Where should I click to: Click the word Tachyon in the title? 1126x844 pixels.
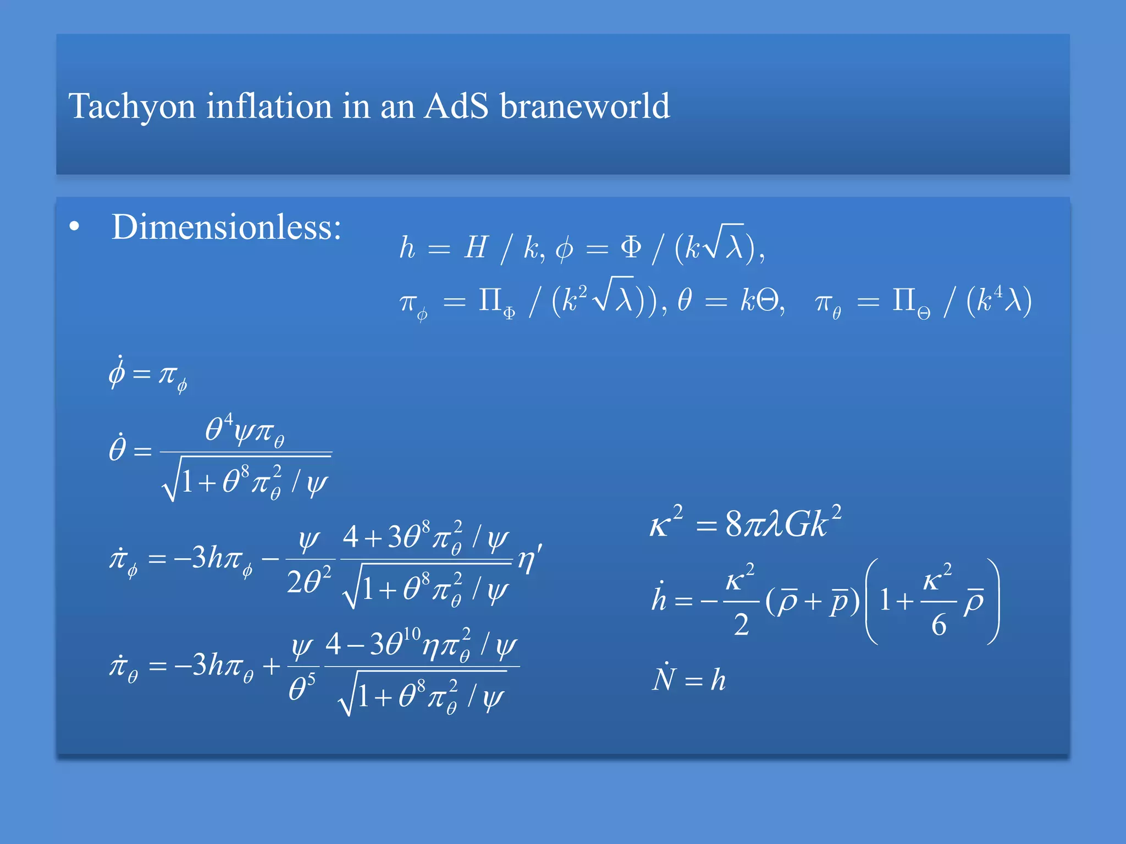pos(131,106)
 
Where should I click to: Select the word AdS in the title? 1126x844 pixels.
pos(456,106)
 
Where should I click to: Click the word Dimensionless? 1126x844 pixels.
pos(226,227)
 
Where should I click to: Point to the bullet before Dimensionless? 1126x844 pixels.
pos(75,227)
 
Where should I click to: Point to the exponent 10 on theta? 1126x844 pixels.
pos(412,634)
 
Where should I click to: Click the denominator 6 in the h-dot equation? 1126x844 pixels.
pos(939,625)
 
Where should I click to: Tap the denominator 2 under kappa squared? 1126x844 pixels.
pos(741,625)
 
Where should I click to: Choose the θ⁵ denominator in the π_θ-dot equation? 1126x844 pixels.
pos(302,688)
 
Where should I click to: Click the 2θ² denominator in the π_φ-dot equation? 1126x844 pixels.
pos(309,581)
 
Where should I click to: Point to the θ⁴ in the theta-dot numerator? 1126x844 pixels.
pos(219,427)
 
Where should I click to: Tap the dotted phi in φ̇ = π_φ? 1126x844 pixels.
pos(117,373)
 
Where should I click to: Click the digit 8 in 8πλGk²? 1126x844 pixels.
pos(734,524)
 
